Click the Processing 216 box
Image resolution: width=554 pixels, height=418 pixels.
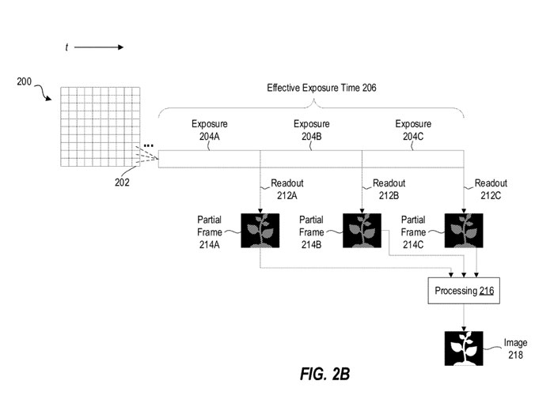(x=464, y=292)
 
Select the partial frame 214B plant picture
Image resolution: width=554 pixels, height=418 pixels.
(x=362, y=230)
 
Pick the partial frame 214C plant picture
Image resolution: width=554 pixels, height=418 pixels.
(x=463, y=230)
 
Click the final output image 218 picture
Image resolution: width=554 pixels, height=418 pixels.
(x=464, y=348)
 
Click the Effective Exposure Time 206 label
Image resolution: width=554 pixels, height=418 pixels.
(x=321, y=88)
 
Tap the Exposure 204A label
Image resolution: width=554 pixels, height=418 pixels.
(x=210, y=130)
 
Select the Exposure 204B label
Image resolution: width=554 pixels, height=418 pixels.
(x=312, y=130)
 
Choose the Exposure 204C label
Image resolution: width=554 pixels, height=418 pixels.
(x=413, y=130)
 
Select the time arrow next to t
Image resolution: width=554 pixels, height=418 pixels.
(x=99, y=47)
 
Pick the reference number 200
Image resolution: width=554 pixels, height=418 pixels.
(x=25, y=81)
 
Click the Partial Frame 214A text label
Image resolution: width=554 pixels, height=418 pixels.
(x=211, y=232)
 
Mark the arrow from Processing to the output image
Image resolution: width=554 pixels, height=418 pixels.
(x=464, y=317)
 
